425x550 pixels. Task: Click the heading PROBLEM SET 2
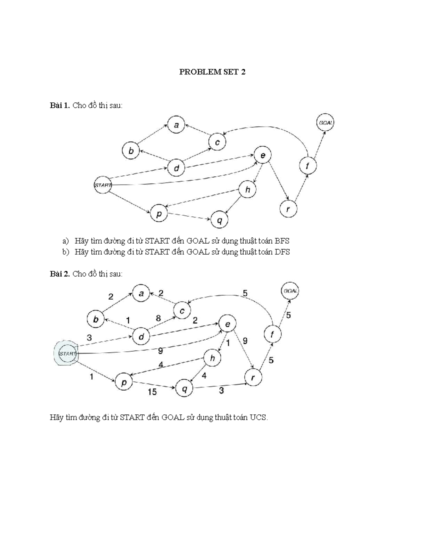tap(212, 72)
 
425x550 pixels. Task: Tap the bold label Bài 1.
tap(60, 106)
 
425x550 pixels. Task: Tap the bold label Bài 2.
tap(60, 274)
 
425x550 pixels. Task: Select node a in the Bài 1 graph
tap(176, 125)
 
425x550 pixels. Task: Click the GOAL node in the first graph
tap(325, 123)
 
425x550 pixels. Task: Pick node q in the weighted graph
tap(184, 389)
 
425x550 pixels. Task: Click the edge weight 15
tap(152, 392)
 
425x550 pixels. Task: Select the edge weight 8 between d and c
tap(158, 318)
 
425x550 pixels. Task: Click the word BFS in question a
tap(282, 241)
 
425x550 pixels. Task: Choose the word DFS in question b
tap(282, 252)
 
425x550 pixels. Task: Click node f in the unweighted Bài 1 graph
tap(308, 165)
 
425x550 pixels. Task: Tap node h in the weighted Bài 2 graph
tap(212, 358)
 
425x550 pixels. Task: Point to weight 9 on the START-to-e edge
tap(160, 351)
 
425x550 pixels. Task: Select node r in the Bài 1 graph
tap(288, 209)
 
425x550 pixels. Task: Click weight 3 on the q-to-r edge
tap(221, 391)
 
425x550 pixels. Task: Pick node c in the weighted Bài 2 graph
tap(182, 311)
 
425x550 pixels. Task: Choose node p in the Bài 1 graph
tap(159, 214)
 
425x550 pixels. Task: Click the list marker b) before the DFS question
tap(65, 252)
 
